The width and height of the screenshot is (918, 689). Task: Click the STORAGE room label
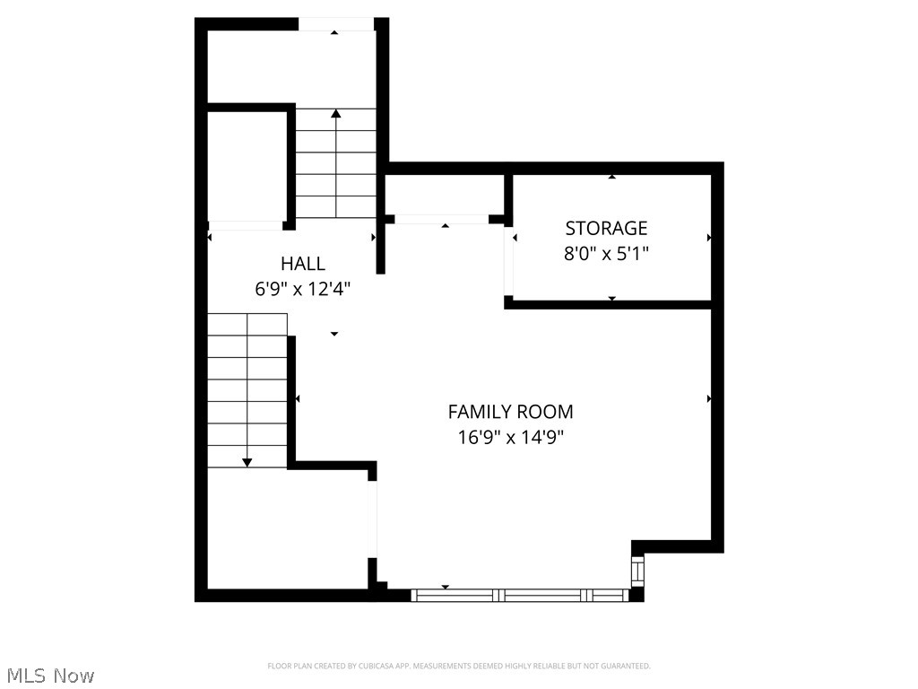tap(606, 228)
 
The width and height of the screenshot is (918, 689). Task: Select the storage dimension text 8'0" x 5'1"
tap(606, 254)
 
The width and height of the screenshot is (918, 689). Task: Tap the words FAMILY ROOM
tap(510, 412)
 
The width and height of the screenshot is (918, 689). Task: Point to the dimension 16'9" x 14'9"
tap(510, 438)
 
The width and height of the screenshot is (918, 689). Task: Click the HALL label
tap(303, 264)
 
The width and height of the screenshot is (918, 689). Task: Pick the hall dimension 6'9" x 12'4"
tap(303, 289)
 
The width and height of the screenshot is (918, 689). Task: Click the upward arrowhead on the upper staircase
tap(335, 114)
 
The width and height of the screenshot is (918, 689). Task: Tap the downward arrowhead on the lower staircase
tap(247, 462)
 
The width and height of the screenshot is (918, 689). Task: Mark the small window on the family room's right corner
tap(637, 571)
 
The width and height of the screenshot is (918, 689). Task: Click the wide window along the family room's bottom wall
tap(520, 595)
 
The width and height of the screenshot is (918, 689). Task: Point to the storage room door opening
tap(509, 261)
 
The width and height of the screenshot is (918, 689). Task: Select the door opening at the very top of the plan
tap(336, 24)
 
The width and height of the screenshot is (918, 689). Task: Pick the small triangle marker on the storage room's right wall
tap(709, 238)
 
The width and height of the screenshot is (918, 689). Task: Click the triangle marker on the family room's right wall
tap(709, 398)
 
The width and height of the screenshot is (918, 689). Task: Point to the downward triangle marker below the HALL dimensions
tap(334, 334)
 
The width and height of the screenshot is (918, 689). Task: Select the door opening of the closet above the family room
tap(442, 219)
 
